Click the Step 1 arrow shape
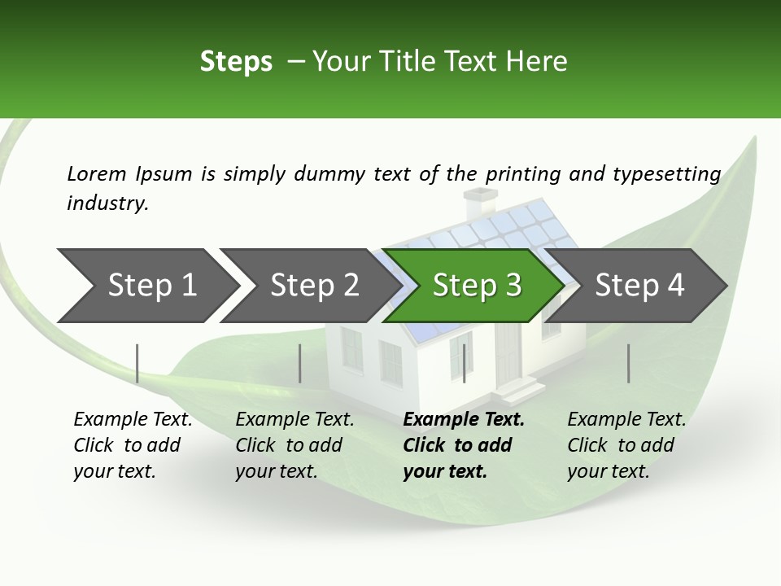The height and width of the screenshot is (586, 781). coord(146,286)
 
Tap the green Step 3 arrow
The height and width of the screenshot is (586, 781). coord(476,286)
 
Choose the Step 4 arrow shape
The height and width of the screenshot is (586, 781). coord(639,286)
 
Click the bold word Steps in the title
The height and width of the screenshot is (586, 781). coord(236,62)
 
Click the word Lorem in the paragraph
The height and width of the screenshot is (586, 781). coord(96,173)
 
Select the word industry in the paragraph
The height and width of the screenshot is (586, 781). coord(107,203)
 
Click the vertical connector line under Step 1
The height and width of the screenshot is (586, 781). coord(137,363)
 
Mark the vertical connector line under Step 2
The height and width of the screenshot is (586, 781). coord(300,363)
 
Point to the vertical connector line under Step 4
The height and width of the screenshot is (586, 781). coord(628,363)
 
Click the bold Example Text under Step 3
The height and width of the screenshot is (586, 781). coord(464,420)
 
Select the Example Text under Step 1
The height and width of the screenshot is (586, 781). coord(133,420)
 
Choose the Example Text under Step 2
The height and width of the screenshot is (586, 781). coord(295,420)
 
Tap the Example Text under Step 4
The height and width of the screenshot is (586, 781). coord(626,420)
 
